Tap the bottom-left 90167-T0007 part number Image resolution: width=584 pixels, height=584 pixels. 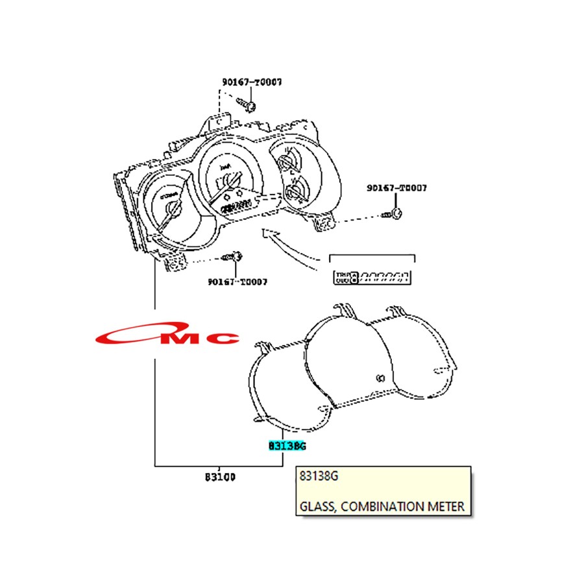tap(237, 282)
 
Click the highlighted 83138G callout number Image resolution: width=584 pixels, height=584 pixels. tap(287, 446)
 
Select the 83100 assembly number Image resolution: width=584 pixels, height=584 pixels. tap(220, 477)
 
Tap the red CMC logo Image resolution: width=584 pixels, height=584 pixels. tap(167, 337)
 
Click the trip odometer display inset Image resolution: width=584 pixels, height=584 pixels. tap(372, 278)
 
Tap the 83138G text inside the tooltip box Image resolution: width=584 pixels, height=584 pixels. tap(319, 476)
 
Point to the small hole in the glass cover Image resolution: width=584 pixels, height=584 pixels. tap(380, 378)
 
